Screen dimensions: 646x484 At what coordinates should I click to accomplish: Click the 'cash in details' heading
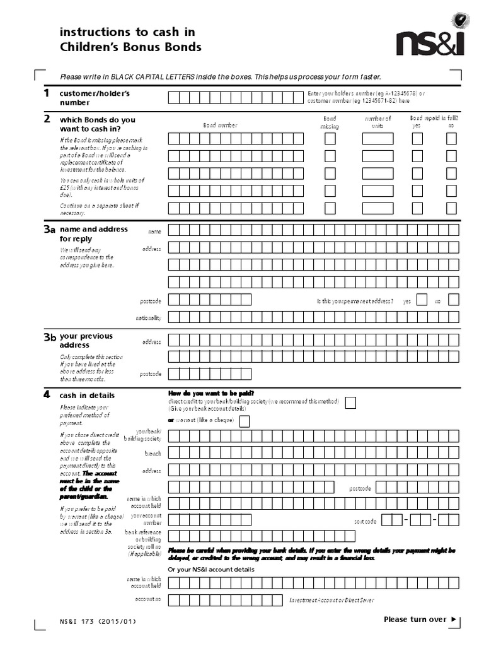point(87,396)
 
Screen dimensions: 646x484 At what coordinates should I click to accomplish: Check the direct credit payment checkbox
point(350,403)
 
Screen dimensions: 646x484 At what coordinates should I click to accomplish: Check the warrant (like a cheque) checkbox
point(245,421)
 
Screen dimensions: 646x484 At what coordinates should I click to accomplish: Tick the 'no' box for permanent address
point(451,300)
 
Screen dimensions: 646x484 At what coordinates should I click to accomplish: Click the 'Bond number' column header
point(220,126)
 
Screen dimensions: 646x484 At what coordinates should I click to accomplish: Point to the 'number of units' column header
point(377,122)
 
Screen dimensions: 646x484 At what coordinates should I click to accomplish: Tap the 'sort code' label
point(366,521)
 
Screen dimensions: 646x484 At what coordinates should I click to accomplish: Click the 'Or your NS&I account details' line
point(211,570)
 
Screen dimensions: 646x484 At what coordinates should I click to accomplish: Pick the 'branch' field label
point(153,454)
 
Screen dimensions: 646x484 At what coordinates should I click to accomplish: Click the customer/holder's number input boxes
point(236,97)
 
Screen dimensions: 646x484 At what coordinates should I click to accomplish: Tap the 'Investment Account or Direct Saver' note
point(336,600)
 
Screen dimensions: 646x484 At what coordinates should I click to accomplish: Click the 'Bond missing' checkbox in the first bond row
point(330,139)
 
